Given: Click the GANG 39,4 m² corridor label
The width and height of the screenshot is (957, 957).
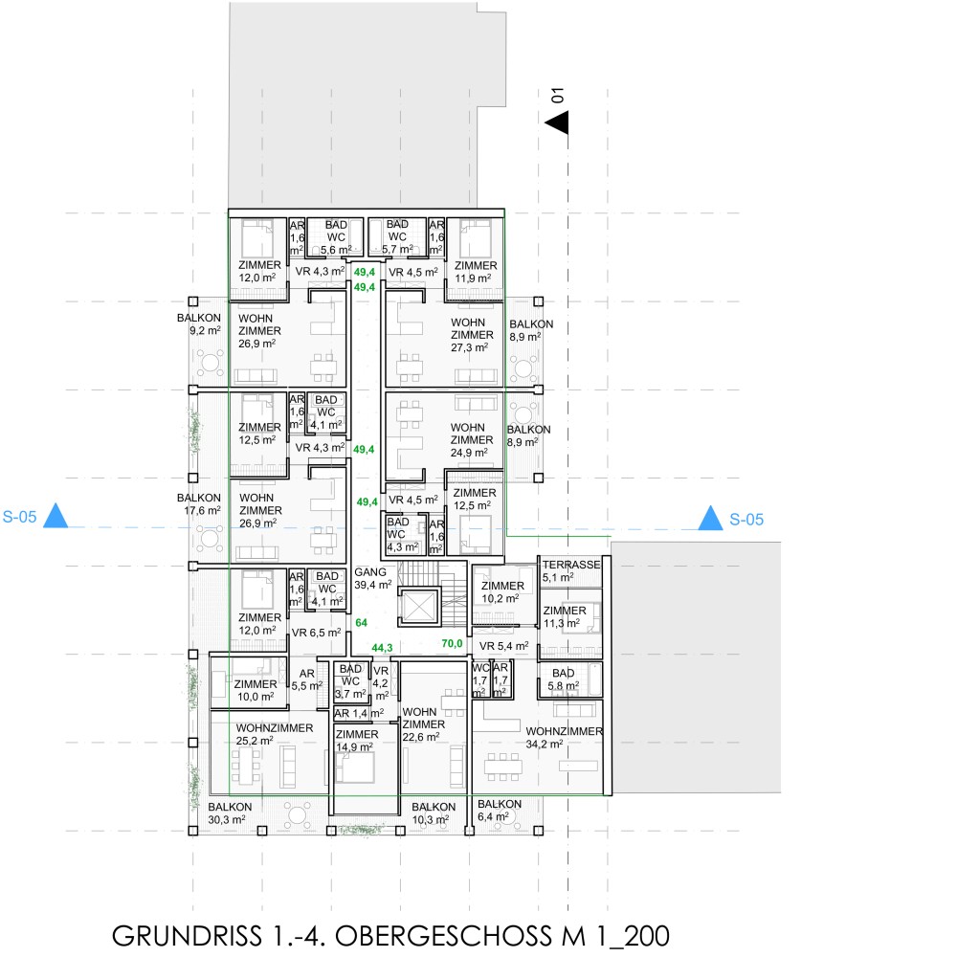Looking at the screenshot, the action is pos(373,578).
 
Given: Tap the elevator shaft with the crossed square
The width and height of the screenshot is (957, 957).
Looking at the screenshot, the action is pos(419,608).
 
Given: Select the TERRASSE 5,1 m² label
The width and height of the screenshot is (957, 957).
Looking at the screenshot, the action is pos(571,570).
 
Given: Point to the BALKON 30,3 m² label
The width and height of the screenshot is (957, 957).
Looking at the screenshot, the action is pos(230,812).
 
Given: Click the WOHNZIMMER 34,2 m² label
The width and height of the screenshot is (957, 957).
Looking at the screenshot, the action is pos(564,737).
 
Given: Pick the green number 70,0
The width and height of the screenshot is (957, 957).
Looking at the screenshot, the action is pos(453,643).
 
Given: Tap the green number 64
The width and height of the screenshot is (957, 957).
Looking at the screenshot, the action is pos(362,623).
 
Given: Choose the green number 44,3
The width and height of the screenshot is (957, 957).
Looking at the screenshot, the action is pos(382,648).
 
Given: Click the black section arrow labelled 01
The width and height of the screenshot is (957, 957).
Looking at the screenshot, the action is pos(557,122).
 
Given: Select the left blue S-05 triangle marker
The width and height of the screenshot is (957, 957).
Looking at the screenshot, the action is pos(56,516).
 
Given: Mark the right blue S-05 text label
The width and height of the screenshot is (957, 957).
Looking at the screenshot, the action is pos(746,520).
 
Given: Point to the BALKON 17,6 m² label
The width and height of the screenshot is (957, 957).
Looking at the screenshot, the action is pos(199,504).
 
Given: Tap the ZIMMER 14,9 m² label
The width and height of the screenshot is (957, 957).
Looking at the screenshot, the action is pos(357,741).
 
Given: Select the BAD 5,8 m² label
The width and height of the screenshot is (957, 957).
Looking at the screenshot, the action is pos(563,679).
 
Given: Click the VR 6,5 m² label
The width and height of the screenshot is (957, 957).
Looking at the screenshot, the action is pos(316,633).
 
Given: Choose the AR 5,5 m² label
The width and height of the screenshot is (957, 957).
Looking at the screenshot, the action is pos(306,679).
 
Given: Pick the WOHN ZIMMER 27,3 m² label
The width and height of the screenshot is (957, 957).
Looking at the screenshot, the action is pos(472,335).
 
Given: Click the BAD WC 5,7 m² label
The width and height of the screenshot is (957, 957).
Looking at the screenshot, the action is pos(397,236).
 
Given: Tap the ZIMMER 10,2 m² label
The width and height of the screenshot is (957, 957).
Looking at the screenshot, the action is pos(502,592).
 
